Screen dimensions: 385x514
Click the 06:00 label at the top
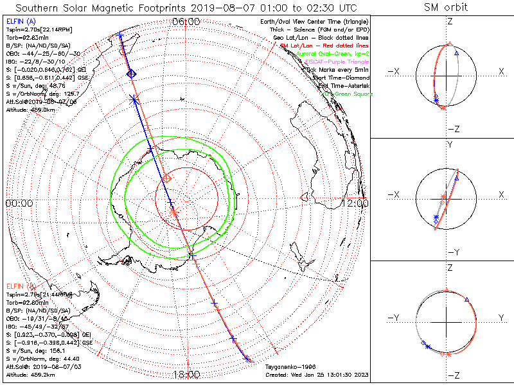pos(186,22)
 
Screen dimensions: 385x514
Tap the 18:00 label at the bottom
pos(186,375)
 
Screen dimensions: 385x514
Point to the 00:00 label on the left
pos(19,203)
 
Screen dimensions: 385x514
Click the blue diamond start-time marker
pos(131,74)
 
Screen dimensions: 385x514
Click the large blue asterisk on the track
pos(134,99)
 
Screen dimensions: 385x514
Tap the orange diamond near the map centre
pos(166,177)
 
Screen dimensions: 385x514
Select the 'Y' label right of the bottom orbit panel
pos(501,318)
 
